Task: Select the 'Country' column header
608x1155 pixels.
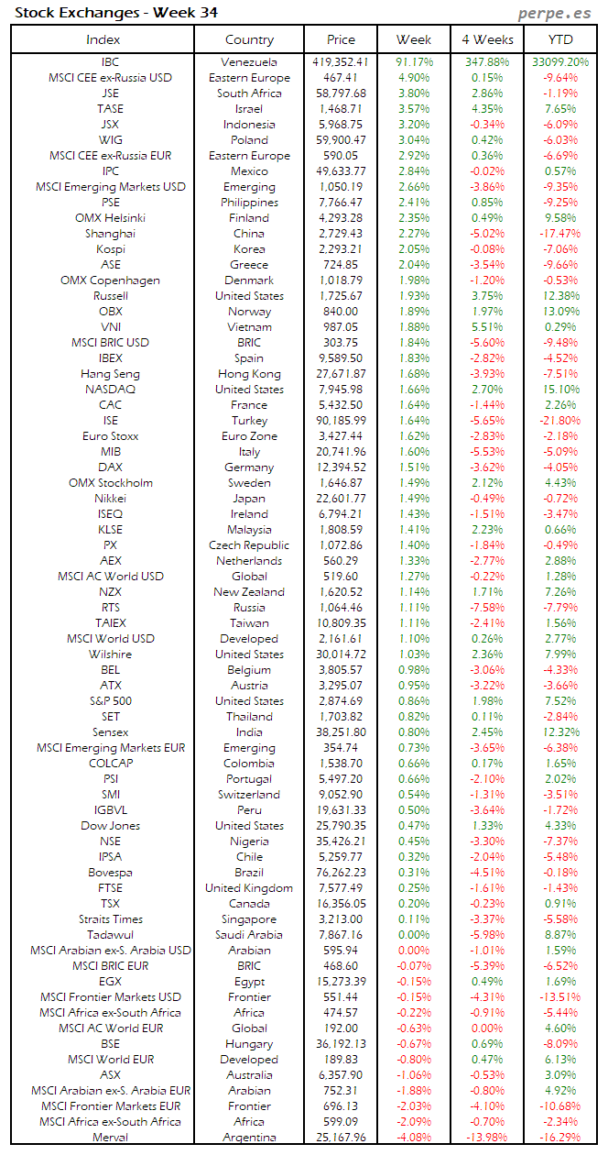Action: [249, 39]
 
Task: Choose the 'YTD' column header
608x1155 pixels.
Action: [560, 39]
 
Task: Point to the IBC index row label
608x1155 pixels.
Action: [110, 62]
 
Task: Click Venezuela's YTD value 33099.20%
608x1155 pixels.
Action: [560, 62]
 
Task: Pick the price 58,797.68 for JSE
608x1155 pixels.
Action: [340, 93]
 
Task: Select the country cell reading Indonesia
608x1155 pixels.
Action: [248, 125]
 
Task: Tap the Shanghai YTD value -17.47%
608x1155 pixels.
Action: [560, 234]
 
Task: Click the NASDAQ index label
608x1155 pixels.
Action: [110, 390]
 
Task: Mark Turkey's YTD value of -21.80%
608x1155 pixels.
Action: [560, 421]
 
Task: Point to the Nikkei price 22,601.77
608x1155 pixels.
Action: [340, 499]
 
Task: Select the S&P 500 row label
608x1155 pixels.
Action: [110, 701]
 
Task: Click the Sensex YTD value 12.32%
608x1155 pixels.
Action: [560, 732]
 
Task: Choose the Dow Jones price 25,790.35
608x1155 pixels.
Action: [340, 826]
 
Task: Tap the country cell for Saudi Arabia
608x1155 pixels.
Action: [248, 935]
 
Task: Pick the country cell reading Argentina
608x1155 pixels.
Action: [248, 1138]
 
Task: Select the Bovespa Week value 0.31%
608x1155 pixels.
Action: [415, 873]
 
